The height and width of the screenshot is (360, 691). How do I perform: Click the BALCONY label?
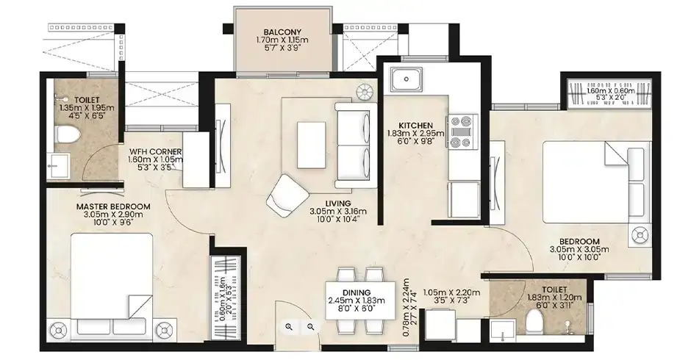pyautogui.click(x=282, y=32)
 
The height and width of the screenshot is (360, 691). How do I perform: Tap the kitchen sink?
pyautogui.click(x=406, y=79)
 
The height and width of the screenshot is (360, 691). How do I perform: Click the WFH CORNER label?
pyautogui.click(x=155, y=151)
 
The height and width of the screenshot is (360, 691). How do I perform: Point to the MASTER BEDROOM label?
pyautogui.click(x=113, y=206)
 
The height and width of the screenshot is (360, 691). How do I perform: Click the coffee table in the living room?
pyautogui.click(x=312, y=145)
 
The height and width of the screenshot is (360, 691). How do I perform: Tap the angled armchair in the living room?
pyautogui.click(x=287, y=195)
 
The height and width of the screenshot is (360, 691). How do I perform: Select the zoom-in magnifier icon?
pyautogui.click(x=289, y=326)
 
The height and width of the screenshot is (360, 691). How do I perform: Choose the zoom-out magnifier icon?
pyautogui.click(x=311, y=326)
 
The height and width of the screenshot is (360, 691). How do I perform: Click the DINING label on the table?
pyautogui.click(x=357, y=292)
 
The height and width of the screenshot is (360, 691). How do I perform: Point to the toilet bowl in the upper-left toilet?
pyautogui.click(x=68, y=134)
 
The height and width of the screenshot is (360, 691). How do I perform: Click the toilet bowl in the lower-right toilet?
pyautogui.click(x=536, y=322)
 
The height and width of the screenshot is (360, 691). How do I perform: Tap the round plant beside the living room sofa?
pyautogui.click(x=365, y=92)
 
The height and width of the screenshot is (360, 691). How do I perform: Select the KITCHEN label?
pyautogui.click(x=415, y=126)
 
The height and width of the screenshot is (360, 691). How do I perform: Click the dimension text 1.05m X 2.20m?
pyautogui.click(x=451, y=292)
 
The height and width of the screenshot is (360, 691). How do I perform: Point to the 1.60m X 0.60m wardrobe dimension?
pyautogui.click(x=611, y=91)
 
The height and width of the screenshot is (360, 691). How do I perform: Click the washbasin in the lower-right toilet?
pyautogui.click(x=503, y=331)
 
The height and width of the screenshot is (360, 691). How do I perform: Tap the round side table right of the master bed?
pyautogui.click(x=164, y=330)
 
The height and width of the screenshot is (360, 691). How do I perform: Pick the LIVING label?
pyautogui.click(x=338, y=203)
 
